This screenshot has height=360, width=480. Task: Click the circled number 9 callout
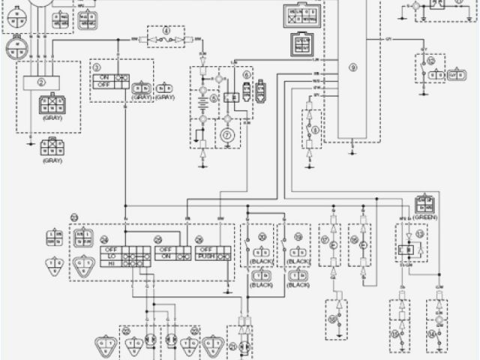coord(352,67)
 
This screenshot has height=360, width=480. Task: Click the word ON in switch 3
coord(103,78)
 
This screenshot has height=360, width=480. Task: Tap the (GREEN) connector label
coord(424,217)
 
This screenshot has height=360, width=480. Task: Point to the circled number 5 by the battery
coord(213,97)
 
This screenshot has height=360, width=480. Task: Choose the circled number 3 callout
coord(97,67)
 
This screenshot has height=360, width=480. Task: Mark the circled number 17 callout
coord(325,240)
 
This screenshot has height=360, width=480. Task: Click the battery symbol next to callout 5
coord(201,99)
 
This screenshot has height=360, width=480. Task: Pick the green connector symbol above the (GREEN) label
coord(424,204)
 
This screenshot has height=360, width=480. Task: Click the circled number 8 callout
coord(314,129)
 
